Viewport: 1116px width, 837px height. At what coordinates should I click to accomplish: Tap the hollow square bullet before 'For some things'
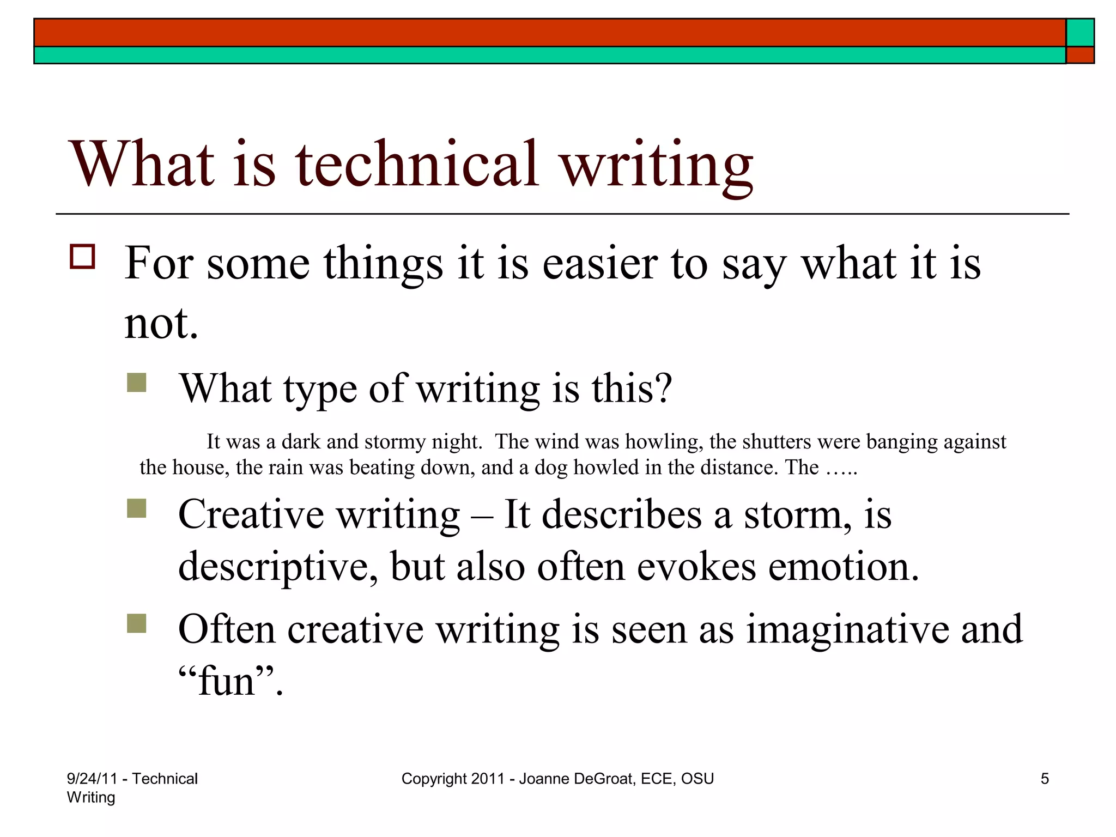[82, 256]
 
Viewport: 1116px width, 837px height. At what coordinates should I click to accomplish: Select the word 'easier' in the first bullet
[600, 264]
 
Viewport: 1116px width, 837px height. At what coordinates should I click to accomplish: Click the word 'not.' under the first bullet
[161, 323]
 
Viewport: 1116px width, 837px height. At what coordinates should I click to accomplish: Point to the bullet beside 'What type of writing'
[136, 383]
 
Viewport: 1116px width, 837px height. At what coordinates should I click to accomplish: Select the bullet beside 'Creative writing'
[136, 508]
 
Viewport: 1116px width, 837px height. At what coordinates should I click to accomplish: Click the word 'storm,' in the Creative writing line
[798, 515]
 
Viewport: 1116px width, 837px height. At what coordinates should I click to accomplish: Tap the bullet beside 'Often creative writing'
[136, 623]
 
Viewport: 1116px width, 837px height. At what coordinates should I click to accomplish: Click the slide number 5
[1045, 779]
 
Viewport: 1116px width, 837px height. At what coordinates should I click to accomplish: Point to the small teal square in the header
[1080, 33]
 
